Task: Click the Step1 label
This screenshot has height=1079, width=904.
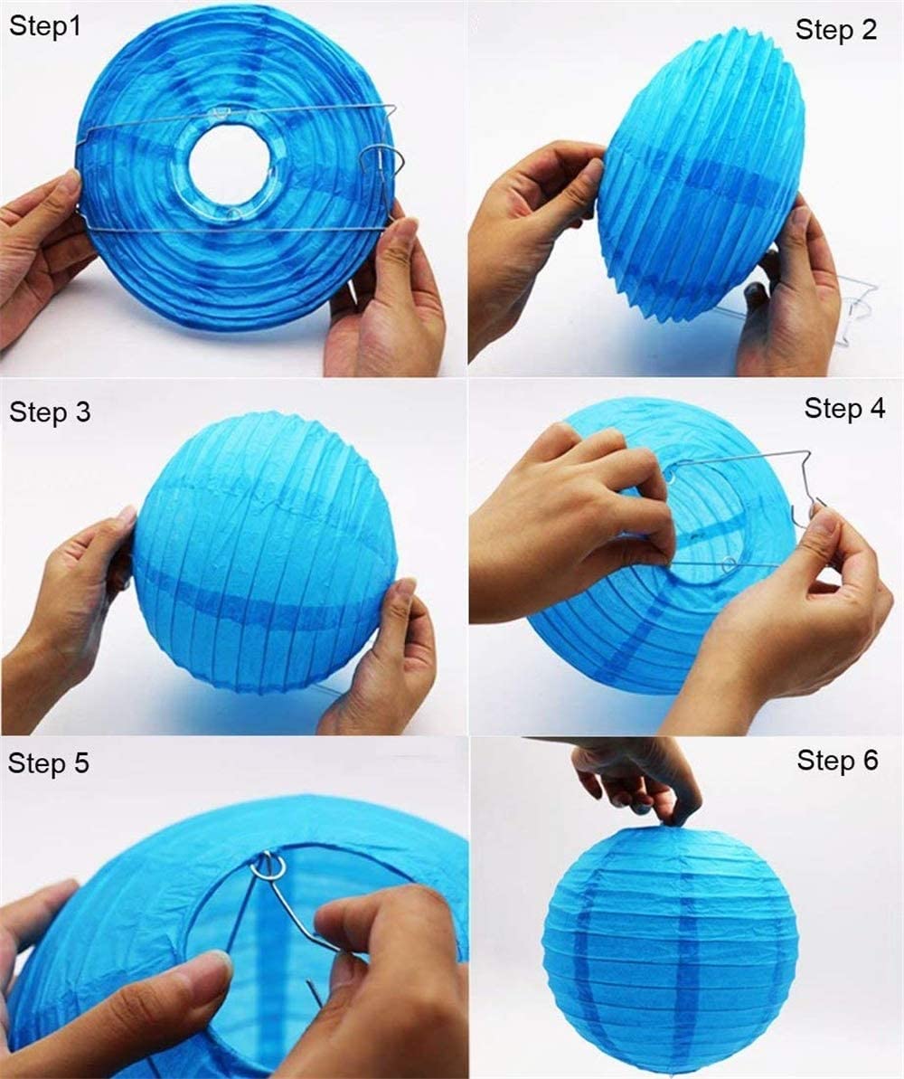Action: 45,26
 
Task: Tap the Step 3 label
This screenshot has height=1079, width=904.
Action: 50,412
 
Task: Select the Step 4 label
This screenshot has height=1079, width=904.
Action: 844,408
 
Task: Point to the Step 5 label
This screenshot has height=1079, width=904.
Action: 49,762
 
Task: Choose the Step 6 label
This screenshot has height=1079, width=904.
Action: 837,760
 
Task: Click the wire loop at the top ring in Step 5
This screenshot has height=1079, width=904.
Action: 268,867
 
